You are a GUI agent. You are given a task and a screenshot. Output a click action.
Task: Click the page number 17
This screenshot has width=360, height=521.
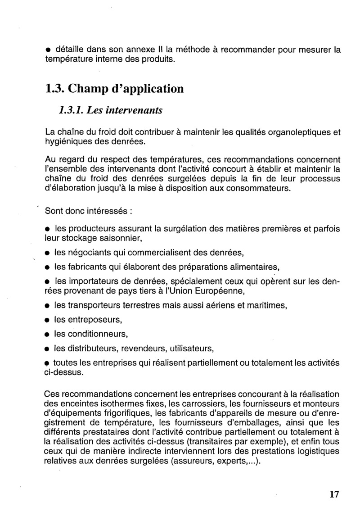pyautogui.click(x=333, y=494)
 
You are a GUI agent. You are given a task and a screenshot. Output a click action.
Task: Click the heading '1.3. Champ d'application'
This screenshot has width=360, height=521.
pyautogui.click(x=115, y=88)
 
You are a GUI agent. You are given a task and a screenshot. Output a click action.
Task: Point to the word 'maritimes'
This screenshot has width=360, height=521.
pyautogui.click(x=262, y=305)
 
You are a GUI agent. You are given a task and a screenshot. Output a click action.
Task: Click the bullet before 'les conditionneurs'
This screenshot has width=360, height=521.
pyautogui.click(x=47, y=335)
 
